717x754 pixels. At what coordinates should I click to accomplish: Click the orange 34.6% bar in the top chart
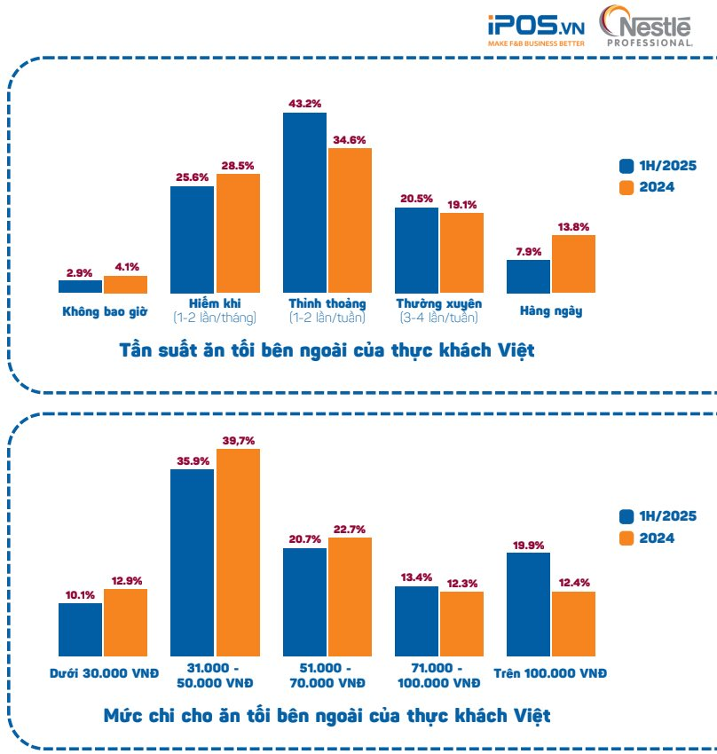[x=350, y=221]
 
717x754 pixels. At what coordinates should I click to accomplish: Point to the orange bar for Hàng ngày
[x=573, y=263]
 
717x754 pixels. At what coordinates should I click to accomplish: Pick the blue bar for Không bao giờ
[x=80, y=287]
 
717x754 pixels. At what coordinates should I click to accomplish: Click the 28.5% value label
[x=238, y=165]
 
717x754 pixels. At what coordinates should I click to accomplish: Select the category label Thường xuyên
[x=438, y=303]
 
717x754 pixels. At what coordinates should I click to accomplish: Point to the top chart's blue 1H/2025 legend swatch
[x=626, y=166]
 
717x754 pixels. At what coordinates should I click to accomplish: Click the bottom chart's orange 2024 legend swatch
[x=626, y=538]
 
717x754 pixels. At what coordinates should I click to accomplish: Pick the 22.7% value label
[x=350, y=530]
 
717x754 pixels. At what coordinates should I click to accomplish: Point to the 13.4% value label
[x=416, y=577]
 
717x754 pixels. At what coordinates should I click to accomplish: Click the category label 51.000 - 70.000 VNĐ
[x=327, y=675]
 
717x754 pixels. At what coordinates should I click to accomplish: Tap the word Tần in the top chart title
[x=138, y=350]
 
